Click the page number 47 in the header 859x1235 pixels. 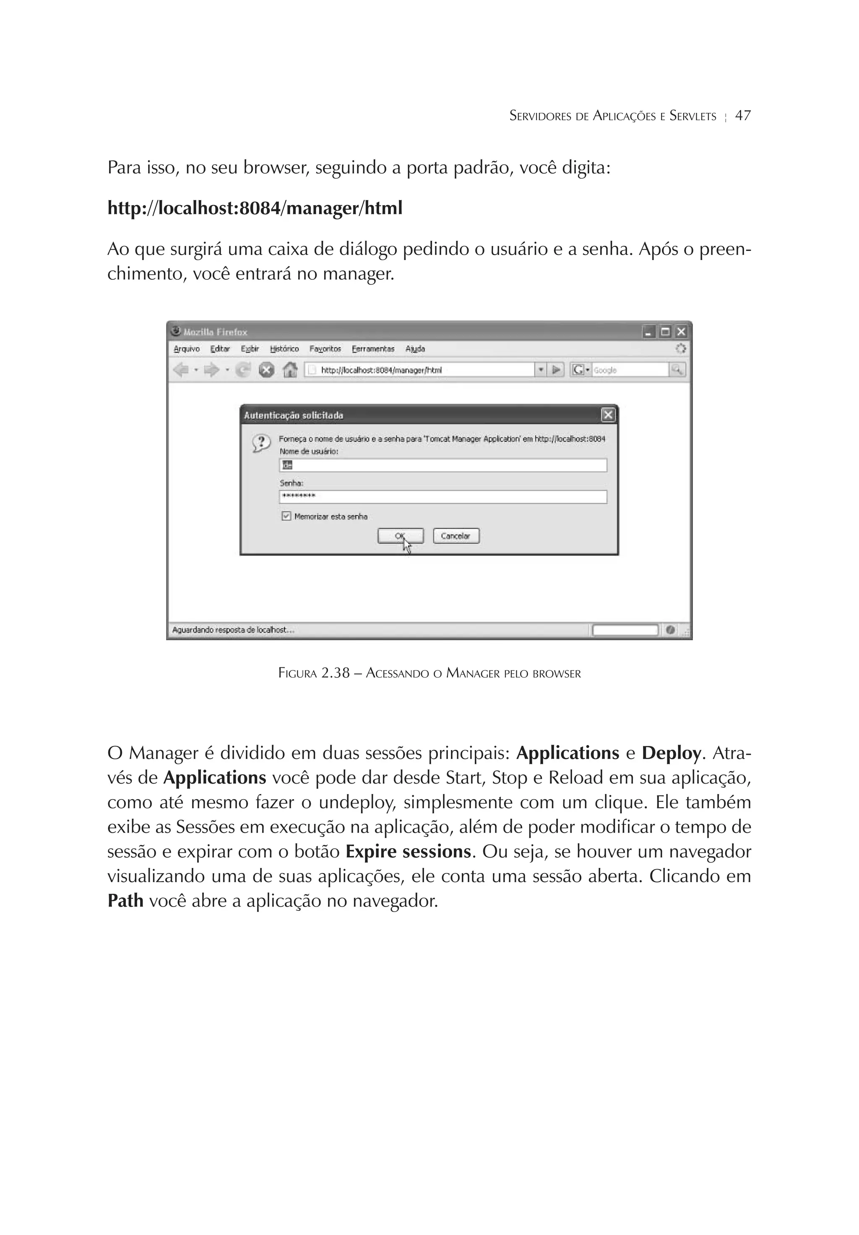pos(742,116)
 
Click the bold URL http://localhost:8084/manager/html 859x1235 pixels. pos(255,208)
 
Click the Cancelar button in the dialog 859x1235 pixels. pos(456,536)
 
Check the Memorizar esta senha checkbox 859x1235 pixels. pos(286,516)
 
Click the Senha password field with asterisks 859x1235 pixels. pos(443,496)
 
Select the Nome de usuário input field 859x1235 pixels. pos(443,465)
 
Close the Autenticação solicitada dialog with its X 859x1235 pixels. pos(608,415)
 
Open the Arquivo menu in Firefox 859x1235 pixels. pos(187,349)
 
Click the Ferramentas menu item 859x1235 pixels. pos(373,349)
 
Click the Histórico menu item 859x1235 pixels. pos(284,349)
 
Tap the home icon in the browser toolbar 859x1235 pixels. pos(290,370)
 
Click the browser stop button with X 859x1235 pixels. pos(267,370)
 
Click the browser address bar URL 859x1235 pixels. pos(419,370)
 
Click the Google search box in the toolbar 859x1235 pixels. pos(629,370)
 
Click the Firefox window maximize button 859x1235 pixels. pos(665,332)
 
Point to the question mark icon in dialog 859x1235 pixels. pos(261,443)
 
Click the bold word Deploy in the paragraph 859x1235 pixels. pos(671,753)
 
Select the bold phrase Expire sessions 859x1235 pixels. pos(408,852)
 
